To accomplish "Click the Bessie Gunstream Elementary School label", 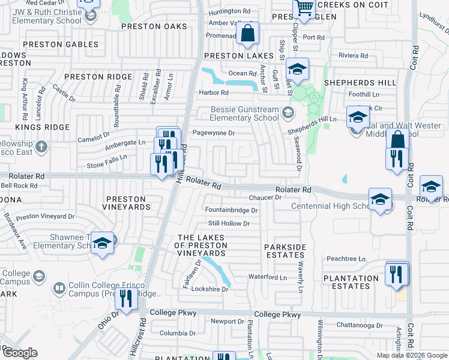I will pos(245,114).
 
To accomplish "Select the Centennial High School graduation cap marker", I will pos(380,200).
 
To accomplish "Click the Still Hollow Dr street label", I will pos(229,224).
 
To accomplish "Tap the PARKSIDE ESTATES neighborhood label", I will pos(286,251).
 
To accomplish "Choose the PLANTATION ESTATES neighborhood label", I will pos(351,282).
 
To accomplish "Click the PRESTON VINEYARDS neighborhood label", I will pos(127,203).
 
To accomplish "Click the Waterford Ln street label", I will pos(268,277).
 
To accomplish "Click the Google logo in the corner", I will pos(20,353).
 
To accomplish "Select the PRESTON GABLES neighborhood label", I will pos(60,44).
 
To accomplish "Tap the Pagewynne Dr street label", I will pos(212,133).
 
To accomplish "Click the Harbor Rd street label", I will pos(214,93).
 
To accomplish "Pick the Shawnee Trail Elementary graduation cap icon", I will pos(103,243).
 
